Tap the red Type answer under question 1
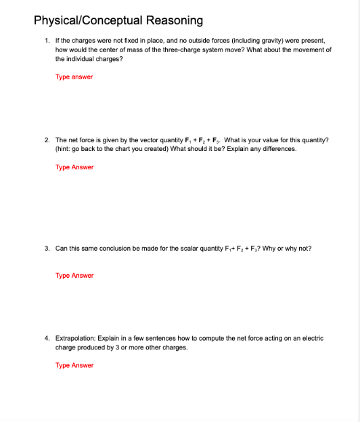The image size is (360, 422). [74, 77]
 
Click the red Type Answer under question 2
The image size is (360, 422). [74, 167]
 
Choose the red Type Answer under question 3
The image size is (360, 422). [74, 276]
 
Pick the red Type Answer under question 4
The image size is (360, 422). [74, 366]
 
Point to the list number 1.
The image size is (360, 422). [46, 41]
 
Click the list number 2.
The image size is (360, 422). [46, 140]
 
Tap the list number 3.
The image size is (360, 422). [46, 248]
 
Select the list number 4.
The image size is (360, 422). [46, 337]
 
